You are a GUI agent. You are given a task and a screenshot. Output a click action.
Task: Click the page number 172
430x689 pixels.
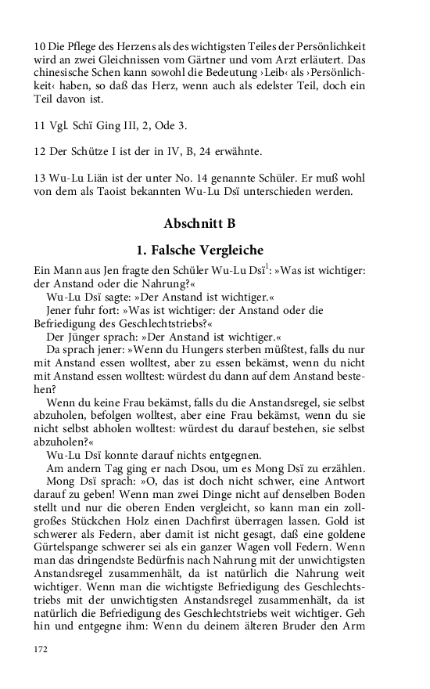[x=41, y=649]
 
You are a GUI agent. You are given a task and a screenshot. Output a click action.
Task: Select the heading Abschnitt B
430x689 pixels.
[x=199, y=223]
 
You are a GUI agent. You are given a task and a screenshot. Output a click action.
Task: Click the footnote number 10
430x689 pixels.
[x=40, y=47]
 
